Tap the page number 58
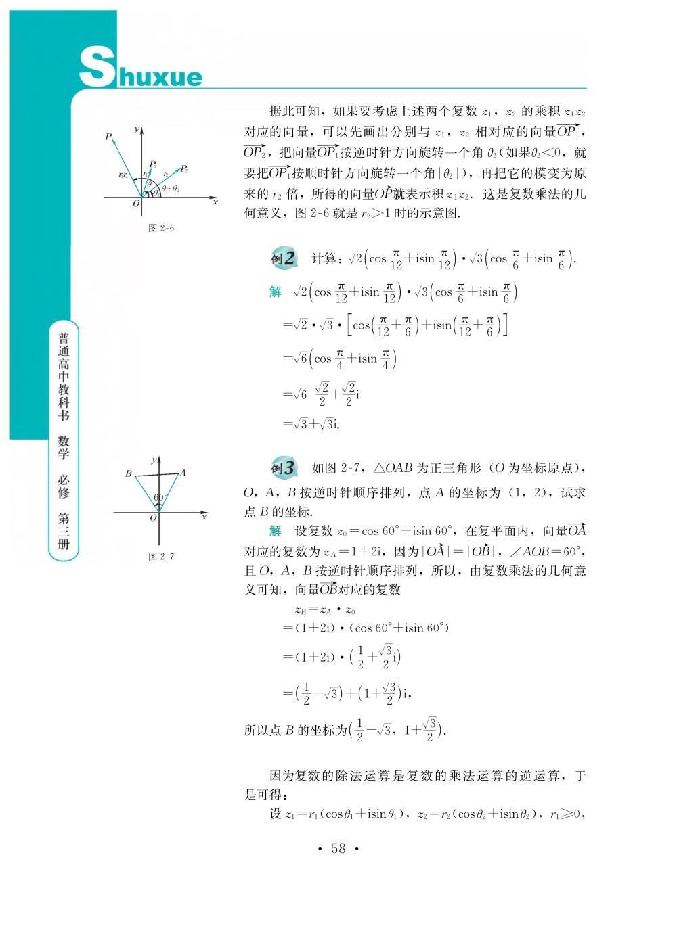[x=338, y=848]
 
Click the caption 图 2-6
[x=161, y=228]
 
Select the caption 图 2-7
[x=161, y=557]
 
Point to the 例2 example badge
[x=283, y=258]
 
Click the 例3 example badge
[x=283, y=468]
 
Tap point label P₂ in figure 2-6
[x=184, y=168]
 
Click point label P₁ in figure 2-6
[x=154, y=164]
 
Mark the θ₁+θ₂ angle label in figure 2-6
[x=170, y=189]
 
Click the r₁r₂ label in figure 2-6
[x=123, y=175]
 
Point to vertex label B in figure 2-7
[x=128, y=474]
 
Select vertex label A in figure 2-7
[x=183, y=473]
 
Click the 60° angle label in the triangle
[x=159, y=497]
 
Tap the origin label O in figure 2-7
[x=153, y=518]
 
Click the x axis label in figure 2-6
[x=215, y=202]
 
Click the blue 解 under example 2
[x=275, y=292]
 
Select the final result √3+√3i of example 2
[x=311, y=424]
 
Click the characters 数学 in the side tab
[x=64, y=446]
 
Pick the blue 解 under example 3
[x=275, y=530]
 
